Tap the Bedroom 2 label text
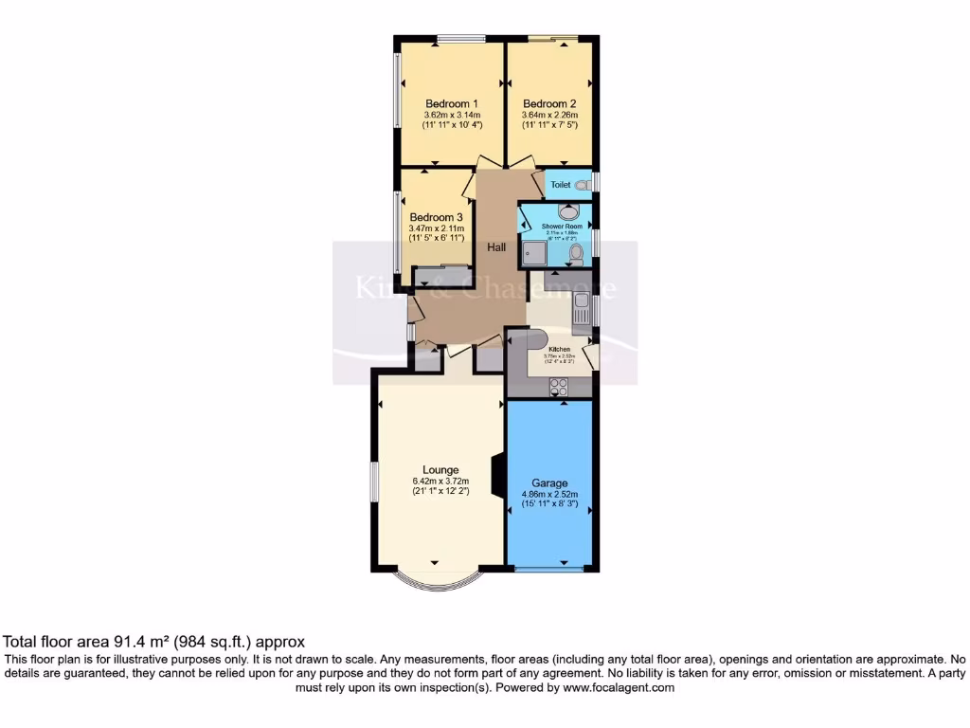point(549,104)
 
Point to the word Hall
point(495,247)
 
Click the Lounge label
point(440,470)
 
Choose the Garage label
point(549,482)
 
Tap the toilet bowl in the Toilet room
point(582,185)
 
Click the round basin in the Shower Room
point(569,212)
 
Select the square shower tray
point(533,253)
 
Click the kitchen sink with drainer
point(582,308)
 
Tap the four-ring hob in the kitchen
point(557,386)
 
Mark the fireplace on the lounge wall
point(494,471)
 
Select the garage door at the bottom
point(549,570)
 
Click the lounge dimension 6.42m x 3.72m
point(440,482)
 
